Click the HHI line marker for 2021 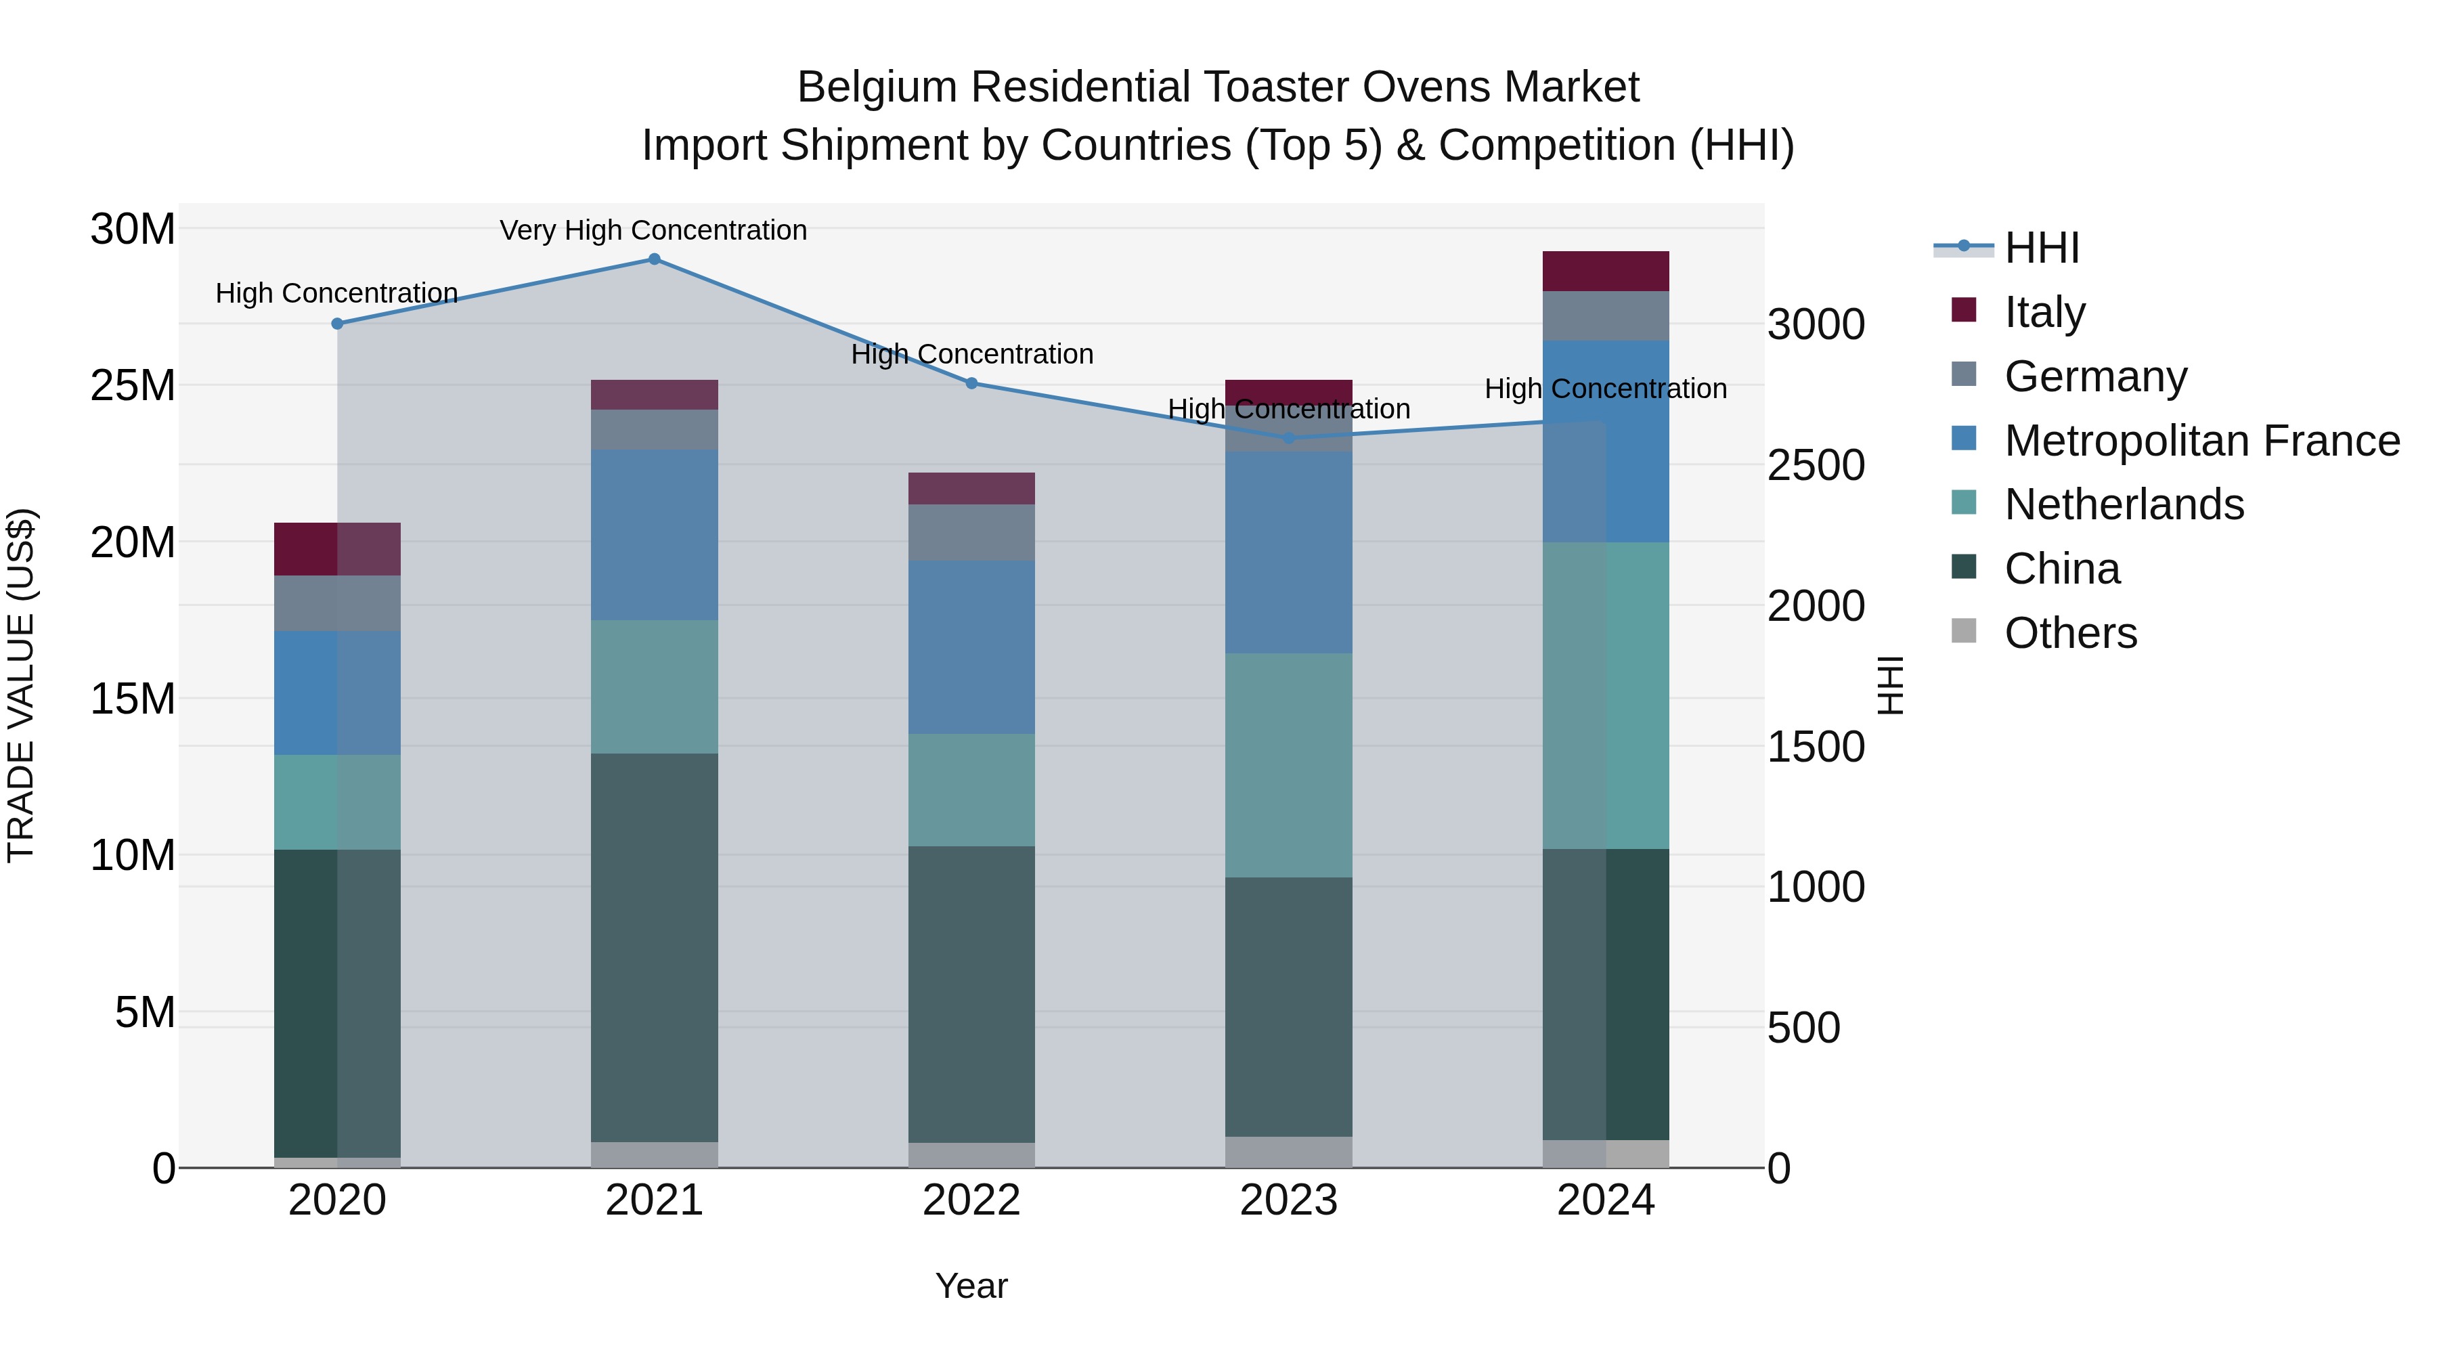click(654, 259)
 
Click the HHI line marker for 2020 click(338, 324)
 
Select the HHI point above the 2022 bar click(971, 383)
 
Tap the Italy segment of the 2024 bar click(1606, 271)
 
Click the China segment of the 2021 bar click(654, 946)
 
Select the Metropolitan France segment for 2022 click(971, 647)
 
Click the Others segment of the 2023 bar click(1288, 1152)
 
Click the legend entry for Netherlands click(2124, 504)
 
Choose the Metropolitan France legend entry click(2201, 441)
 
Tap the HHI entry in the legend click(2042, 248)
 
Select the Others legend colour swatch click(1964, 631)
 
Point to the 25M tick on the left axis click(133, 385)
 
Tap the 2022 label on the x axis click(971, 1200)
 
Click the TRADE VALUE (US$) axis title click(22, 685)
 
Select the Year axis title click(971, 1286)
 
